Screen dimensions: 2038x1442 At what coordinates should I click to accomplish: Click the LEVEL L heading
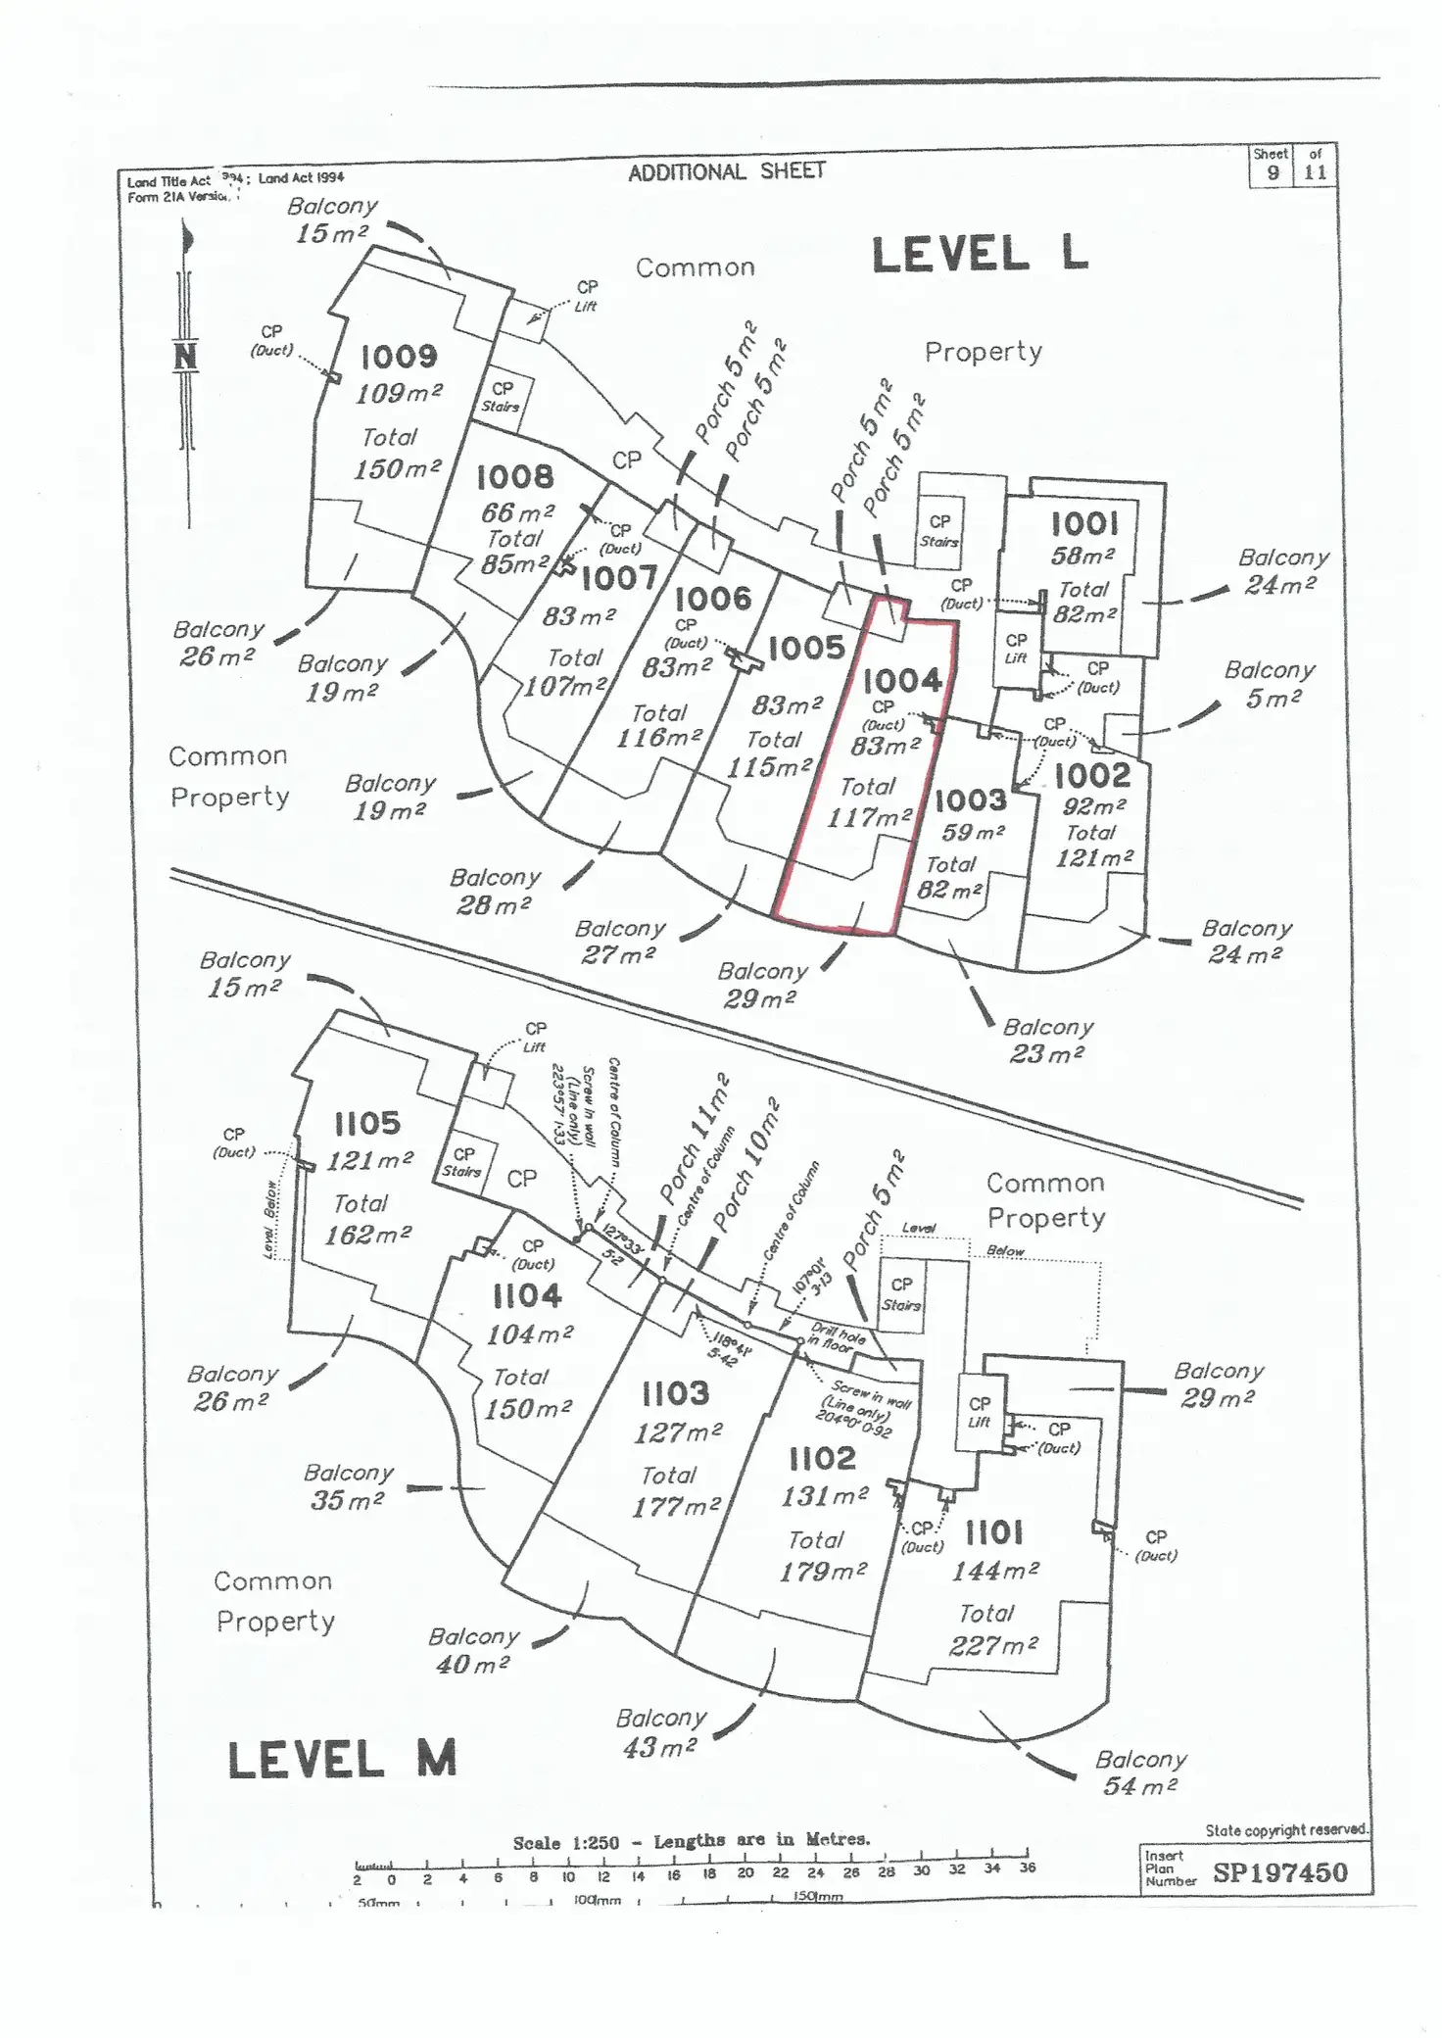click(980, 256)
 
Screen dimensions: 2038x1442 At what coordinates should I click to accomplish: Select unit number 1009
click(399, 356)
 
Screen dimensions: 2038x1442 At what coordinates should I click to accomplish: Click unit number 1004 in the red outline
click(902, 680)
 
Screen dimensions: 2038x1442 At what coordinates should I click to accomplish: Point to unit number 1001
click(1084, 524)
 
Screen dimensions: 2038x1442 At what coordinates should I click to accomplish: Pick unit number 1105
click(367, 1123)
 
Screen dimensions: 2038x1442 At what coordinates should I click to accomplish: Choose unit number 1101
click(994, 1532)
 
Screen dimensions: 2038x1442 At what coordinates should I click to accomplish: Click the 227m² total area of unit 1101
click(992, 1645)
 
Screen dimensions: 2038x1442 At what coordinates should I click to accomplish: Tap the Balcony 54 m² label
click(1140, 1772)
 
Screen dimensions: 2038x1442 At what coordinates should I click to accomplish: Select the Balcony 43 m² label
click(660, 1731)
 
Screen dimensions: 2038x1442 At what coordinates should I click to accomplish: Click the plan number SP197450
click(1279, 1872)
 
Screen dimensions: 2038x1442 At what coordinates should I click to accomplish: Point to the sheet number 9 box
click(1273, 172)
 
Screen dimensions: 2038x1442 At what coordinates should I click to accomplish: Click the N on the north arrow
click(186, 357)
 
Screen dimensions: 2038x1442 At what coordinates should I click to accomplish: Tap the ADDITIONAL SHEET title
click(727, 172)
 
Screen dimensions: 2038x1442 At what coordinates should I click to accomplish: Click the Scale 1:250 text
click(566, 1843)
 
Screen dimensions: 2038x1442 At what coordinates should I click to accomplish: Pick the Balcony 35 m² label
click(348, 1486)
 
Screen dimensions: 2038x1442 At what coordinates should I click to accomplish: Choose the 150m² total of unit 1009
click(397, 469)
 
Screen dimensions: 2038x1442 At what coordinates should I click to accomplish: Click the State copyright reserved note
click(1285, 1829)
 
